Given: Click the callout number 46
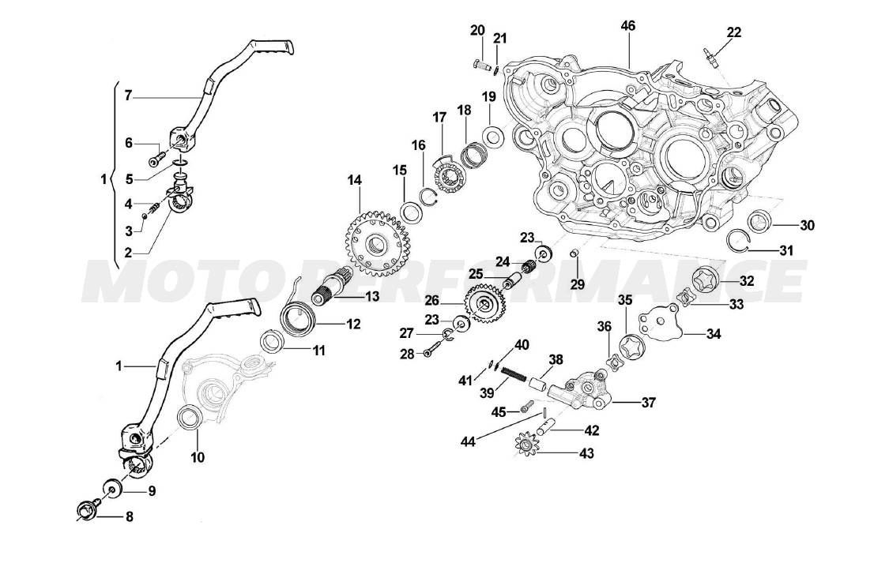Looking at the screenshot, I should pos(627,26).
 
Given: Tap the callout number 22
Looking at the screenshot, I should pos(734,32).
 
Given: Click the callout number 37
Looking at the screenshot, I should pos(648,403).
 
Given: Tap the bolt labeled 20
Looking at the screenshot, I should pos(478,64).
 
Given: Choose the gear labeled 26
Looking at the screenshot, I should pos(485,304).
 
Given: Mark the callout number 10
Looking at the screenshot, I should pos(197,456).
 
